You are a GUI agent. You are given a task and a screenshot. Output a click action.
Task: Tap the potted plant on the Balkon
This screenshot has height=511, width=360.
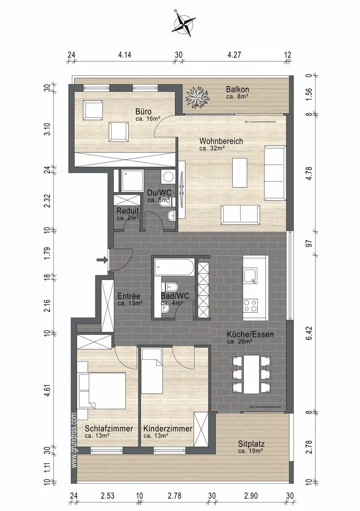point(197,97)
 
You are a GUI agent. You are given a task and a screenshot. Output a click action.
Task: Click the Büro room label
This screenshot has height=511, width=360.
point(143,112)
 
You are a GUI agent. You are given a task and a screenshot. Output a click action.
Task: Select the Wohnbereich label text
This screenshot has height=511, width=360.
point(221,141)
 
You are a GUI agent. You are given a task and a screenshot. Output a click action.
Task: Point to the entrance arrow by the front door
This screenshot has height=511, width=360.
point(102,259)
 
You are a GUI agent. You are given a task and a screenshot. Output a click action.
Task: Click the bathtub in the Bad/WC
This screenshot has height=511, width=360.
point(174,267)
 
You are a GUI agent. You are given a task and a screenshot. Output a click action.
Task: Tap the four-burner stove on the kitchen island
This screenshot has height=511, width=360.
point(251,306)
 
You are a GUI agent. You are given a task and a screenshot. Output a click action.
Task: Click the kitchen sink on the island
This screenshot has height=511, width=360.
point(251,276)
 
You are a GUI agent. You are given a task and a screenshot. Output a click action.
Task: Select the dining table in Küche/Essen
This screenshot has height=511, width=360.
point(251,374)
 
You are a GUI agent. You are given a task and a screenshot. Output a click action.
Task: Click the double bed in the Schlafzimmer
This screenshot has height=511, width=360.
point(101,391)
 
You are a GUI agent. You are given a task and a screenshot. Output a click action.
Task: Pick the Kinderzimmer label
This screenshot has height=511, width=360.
point(168,428)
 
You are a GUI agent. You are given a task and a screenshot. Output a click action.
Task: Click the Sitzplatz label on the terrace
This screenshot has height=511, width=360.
point(251,444)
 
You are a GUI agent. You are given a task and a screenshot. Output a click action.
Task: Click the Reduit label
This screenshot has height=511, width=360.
point(128,210)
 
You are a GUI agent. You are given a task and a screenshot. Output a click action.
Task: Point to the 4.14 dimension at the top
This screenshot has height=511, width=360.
point(125,55)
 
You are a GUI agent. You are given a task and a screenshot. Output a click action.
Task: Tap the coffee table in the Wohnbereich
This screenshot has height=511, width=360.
point(240,173)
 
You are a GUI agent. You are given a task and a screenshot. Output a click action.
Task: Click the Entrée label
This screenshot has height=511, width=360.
point(129,296)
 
